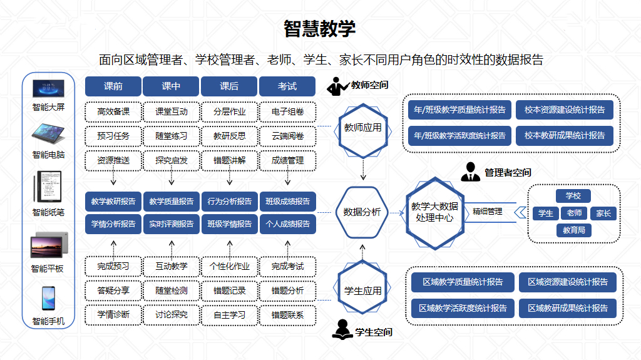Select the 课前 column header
click(x=113, y=86)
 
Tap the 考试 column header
click(x=287, y=86)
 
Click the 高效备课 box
click(x=113, y=112)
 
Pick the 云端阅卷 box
click(x=287, y=136)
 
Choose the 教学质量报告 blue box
click(x=172, y=202)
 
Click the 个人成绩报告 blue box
click(x=287, y=224)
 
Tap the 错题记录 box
click(x=229, y=291)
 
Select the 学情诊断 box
click(x=113, y=314)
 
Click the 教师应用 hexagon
click(x=362, y=128)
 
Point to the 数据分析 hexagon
click(x=362, y=212)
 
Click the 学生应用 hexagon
click(x=362, y=291)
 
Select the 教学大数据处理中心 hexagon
click(x=434, y=212)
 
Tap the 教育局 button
click(x=573, y=230)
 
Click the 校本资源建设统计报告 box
click(x=565, y=110)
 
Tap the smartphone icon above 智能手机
click(x=48, y=299)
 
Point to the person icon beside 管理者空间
click(x=470, y=172)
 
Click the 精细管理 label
click(x=487, y=212)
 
